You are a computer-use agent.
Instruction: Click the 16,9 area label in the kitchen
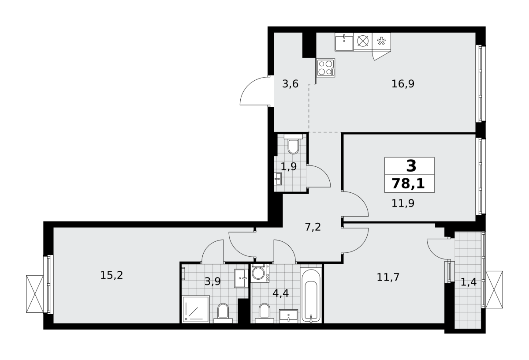pos(403,84)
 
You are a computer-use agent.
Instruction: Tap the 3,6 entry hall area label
pos(290,84)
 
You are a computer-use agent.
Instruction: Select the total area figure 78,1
pos(408,184)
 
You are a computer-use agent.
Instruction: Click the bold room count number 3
pos(411,166)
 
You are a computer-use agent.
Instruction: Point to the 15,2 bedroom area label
pos(112,275)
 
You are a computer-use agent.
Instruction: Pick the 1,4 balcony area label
pos(469,282)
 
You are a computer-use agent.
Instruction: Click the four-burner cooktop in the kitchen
pos(326,68)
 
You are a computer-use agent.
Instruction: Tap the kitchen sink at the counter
pos(344,41)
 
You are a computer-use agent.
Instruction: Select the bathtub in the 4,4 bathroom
pos(311,295)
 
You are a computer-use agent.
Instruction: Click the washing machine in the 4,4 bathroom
pos(260,273)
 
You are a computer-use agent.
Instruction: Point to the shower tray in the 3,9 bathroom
pos(196,309)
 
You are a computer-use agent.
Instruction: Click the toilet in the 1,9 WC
pos(293,144)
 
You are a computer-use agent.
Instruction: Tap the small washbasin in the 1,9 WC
pos(278,179)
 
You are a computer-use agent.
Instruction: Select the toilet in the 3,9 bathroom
pos(223,313)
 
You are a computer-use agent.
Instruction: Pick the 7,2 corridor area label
pos(313,227)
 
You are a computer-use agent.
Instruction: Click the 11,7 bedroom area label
pos(388,277)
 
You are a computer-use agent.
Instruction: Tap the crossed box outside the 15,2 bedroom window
pos(35,294)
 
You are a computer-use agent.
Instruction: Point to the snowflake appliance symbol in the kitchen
pos(381,41)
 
